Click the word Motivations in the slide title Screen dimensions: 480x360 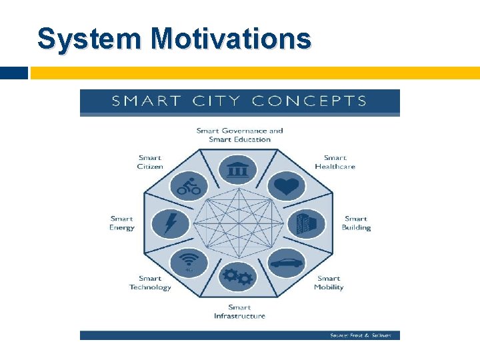tap(231, 39)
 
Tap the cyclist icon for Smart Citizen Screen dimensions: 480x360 tap(189, 186)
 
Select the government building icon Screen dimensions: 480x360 tap(237, 170)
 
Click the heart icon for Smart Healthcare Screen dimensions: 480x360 tap(286, 186)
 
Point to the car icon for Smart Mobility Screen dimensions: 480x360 tap(287, 263)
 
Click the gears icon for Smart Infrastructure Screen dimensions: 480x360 tap(238, 276)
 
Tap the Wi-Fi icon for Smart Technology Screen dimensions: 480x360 tap(189, 262)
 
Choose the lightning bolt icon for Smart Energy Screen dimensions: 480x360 tap(170, 223)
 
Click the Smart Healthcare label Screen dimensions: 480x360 tap(335, 162)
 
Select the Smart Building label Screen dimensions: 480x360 tap(356, 223)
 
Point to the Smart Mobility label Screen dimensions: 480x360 tap(329, 283)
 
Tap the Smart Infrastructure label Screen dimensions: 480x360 tap(239, 311)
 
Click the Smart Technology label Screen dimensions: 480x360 tap(150, 283)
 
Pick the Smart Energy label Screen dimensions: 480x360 tap(122, 223)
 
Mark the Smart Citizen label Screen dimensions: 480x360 tap(150, 162)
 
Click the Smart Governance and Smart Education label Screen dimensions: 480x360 tap(239, 135)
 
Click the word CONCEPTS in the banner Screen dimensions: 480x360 tap(309, 101)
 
